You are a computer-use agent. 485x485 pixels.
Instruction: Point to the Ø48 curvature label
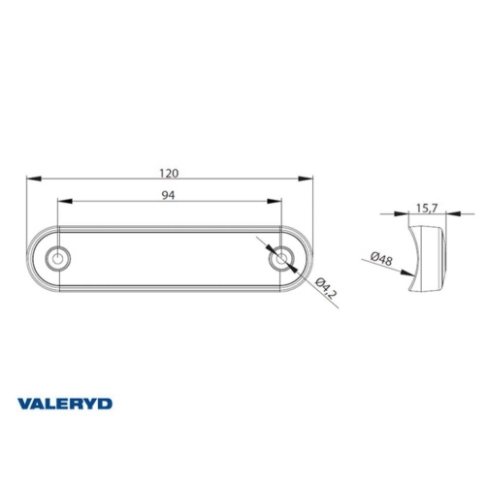click(x=381, y=258)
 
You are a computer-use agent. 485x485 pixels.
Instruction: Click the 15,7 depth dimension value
click(x=426, y=207)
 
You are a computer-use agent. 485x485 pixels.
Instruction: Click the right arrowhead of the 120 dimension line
click(x=310, y=178)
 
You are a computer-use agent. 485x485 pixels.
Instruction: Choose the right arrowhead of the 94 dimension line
click(x=279, y=201)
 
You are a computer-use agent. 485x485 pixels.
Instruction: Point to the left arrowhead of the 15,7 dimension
click(x=411, y=213)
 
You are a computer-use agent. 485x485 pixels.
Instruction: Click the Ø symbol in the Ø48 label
click(x=373, y=255)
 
